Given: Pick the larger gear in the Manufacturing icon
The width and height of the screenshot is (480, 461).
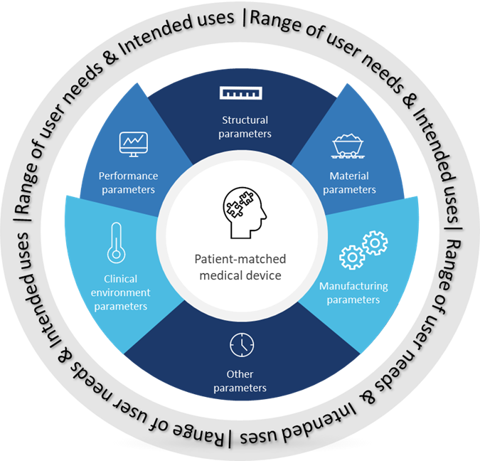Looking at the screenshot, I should point(374,244).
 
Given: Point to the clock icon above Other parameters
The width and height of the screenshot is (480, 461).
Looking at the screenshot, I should point(242,345).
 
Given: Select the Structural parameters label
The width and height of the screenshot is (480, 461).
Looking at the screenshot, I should point(244,127).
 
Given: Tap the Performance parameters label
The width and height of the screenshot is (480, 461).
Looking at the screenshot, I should point(128,182).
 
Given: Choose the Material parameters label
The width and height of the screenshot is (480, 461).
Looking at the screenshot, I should point(353,182).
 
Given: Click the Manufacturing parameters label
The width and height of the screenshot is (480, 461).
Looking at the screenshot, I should point(353,293).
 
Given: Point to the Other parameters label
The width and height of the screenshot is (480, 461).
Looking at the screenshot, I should point(242,381).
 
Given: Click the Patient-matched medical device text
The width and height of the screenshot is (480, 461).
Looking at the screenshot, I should point(242,267).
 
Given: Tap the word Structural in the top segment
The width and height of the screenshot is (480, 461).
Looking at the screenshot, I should point(244,120).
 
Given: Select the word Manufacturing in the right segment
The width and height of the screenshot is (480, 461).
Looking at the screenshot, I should point(353,287).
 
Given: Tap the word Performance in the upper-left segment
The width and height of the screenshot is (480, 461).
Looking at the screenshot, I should point(128,176).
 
